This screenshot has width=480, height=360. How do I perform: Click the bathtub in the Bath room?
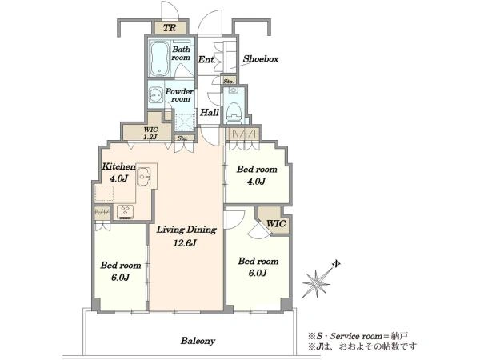(159, 58)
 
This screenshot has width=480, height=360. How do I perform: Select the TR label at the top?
(170, 28)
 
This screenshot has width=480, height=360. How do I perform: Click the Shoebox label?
(261, 58)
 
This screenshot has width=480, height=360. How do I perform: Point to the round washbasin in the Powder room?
(155, 95)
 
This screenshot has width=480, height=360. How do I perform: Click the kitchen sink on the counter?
(143, 177)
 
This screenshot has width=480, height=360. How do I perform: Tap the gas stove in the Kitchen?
(126, 212)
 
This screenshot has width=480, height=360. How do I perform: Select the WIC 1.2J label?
(150, 133)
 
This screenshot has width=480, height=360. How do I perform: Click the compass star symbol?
(316, 283)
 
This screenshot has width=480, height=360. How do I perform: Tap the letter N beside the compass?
(337, 264)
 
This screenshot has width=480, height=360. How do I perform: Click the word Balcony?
(198, 341)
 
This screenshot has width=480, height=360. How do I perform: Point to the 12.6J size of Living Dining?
(185, 243)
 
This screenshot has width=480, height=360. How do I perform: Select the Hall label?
(210, 112)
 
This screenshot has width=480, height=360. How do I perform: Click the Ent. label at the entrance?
(207, 59)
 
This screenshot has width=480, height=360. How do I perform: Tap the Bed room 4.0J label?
(257, 175)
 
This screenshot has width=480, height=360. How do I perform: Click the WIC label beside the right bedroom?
(276, 223)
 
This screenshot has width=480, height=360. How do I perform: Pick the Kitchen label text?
(118, 166)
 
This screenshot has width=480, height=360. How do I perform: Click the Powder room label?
(179, 95)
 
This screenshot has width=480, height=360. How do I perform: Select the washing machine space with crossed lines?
(185, 122)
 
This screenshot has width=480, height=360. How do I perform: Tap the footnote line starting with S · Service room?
(358, 336)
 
